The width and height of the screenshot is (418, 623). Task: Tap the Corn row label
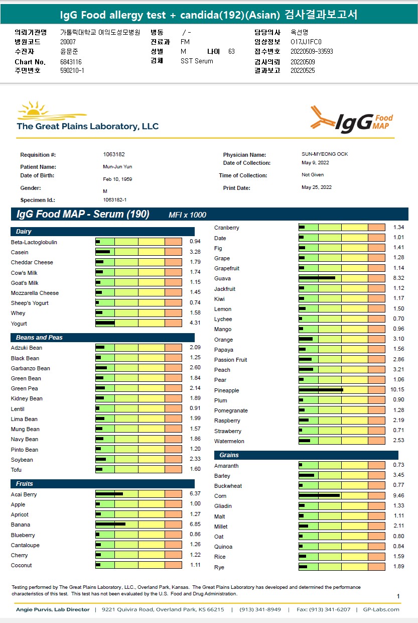(220, 496)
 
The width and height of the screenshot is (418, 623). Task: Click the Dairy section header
(24, 232)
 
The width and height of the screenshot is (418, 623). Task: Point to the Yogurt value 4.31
(195, 323)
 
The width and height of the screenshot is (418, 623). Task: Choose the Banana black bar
(110, 524)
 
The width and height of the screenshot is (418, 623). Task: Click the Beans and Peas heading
(39, 338)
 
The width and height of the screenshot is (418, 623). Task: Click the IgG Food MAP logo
(351, 120)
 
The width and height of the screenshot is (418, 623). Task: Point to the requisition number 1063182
(113, 155)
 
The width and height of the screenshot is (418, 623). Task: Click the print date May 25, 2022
(316, 187)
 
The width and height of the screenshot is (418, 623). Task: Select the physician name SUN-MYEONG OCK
(325, 154)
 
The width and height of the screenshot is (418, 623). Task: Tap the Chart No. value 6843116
(71, 62)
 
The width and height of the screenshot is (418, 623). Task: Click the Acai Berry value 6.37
(195, 494)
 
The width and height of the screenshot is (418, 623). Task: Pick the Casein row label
(20, 252)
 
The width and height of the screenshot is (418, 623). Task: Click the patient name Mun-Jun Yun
(114, 167)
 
